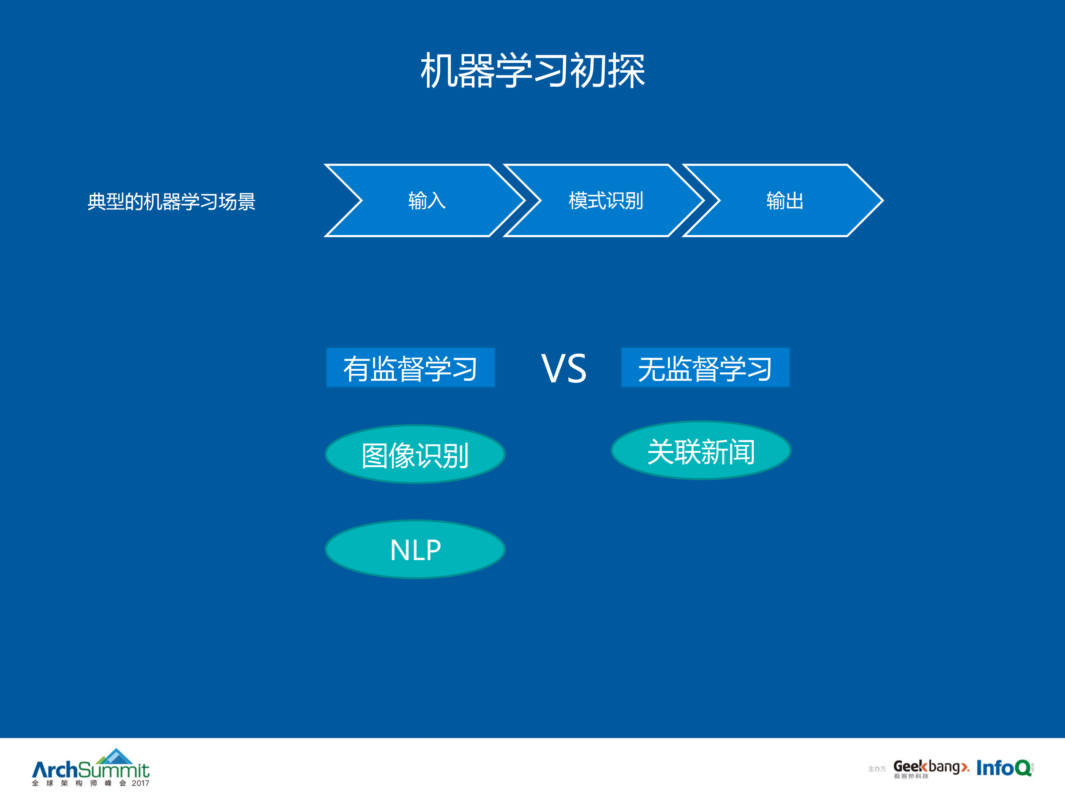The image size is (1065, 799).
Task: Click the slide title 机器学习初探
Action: (532, 71)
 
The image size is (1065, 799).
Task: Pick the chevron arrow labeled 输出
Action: (785, 200)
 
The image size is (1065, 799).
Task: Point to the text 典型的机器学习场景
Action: (171, 201)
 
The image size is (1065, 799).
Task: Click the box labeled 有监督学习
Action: (410, 367)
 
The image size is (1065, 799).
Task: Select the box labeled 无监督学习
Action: (705, 367)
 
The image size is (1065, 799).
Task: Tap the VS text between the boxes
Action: (564, 369)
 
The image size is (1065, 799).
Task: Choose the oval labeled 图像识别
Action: (415, 454)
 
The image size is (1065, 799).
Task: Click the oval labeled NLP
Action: (415, 549)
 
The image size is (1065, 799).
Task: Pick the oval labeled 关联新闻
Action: (701, 451)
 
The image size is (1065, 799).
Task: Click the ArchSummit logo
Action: (91, 769)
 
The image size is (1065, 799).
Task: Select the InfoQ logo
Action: (1004, 768)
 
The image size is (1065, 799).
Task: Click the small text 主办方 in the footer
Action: (877, 769)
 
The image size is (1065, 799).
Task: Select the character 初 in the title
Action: (588, 71)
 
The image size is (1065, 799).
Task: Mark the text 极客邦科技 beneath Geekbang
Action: (911, 776)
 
